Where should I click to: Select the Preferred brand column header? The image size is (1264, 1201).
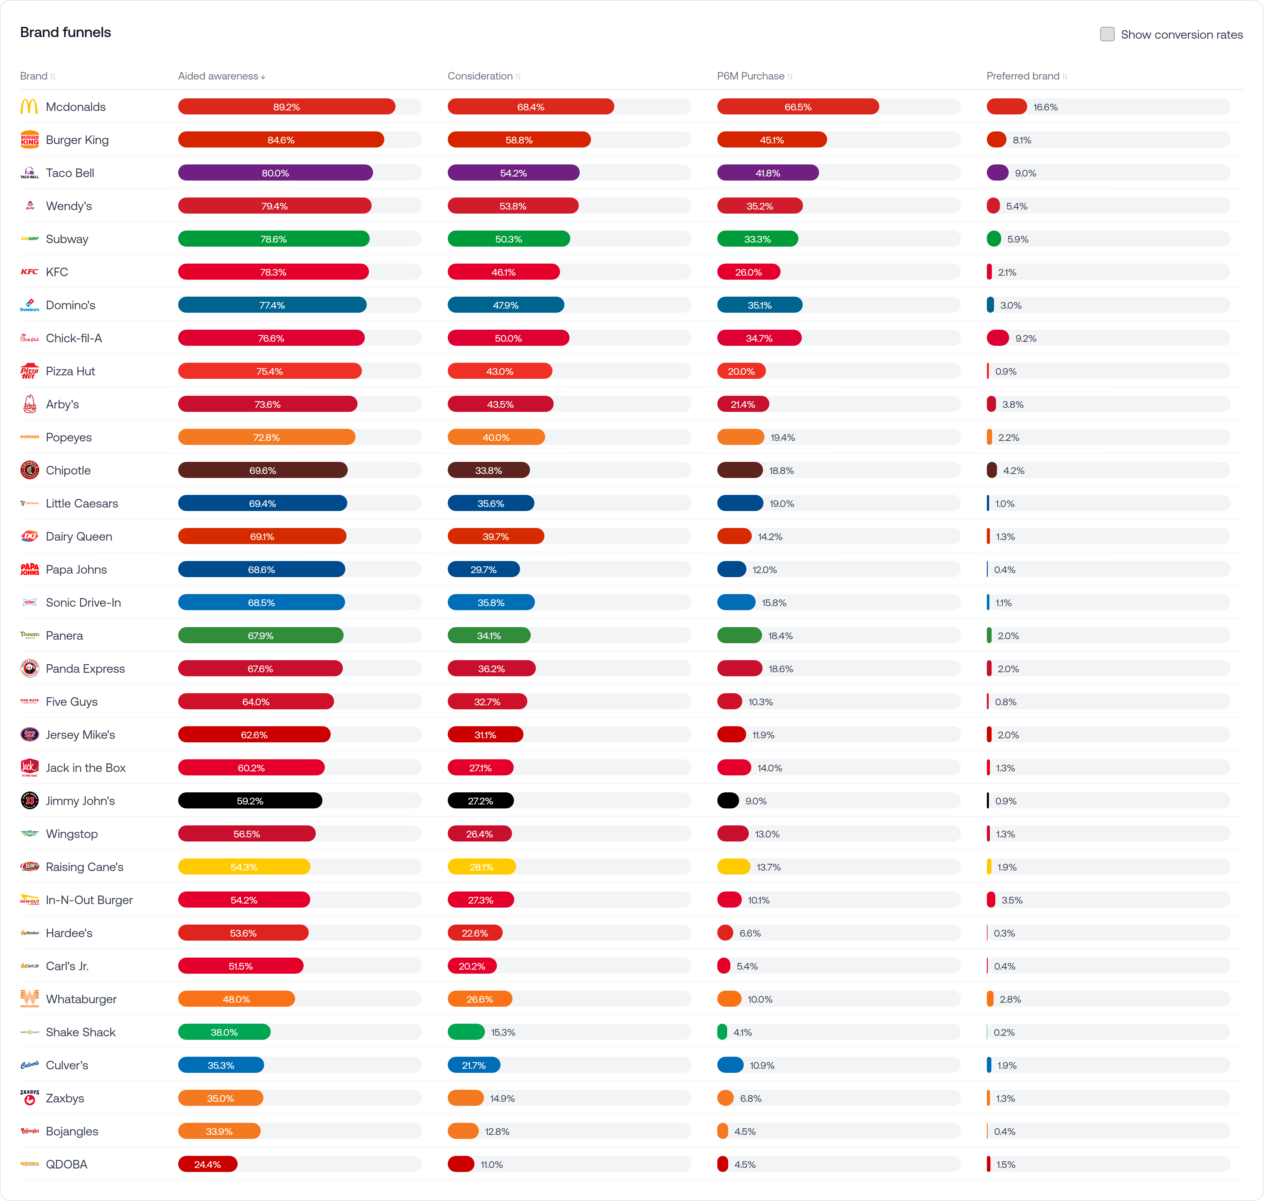click(x=1023, y=76)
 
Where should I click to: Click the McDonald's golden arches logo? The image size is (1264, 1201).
click(x=30, y=107)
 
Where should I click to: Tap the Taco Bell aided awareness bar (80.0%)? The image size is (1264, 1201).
click(x=275, y=173)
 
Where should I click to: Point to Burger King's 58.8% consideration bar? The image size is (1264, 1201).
click(x=519, y=139)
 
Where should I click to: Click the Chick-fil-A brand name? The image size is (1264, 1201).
click(x=74, y=338)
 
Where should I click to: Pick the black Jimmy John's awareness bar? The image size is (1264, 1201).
click(x=250, y=801)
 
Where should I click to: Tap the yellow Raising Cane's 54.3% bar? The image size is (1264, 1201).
click(x=244, y=867)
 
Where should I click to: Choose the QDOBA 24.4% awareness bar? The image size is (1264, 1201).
click(x=207, y=1164)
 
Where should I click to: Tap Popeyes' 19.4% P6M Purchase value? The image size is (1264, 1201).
click(x=782, y=437)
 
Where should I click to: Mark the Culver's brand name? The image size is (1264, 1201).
click(x=67, y=1065)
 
